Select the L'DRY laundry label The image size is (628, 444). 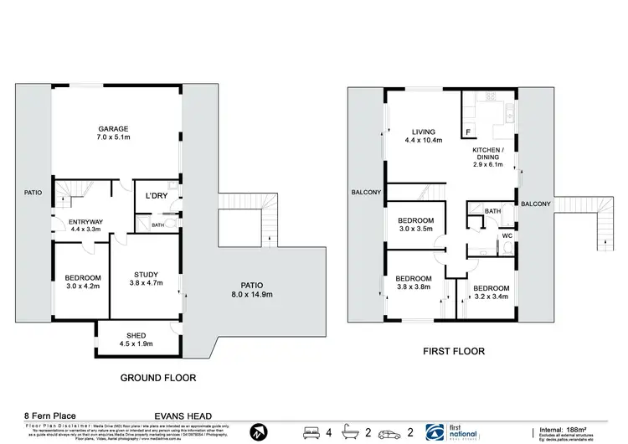[156, 195]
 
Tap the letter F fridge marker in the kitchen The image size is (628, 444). [467, 132]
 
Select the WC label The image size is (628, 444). [507, 236]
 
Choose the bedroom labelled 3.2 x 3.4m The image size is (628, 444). [491, 292]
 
